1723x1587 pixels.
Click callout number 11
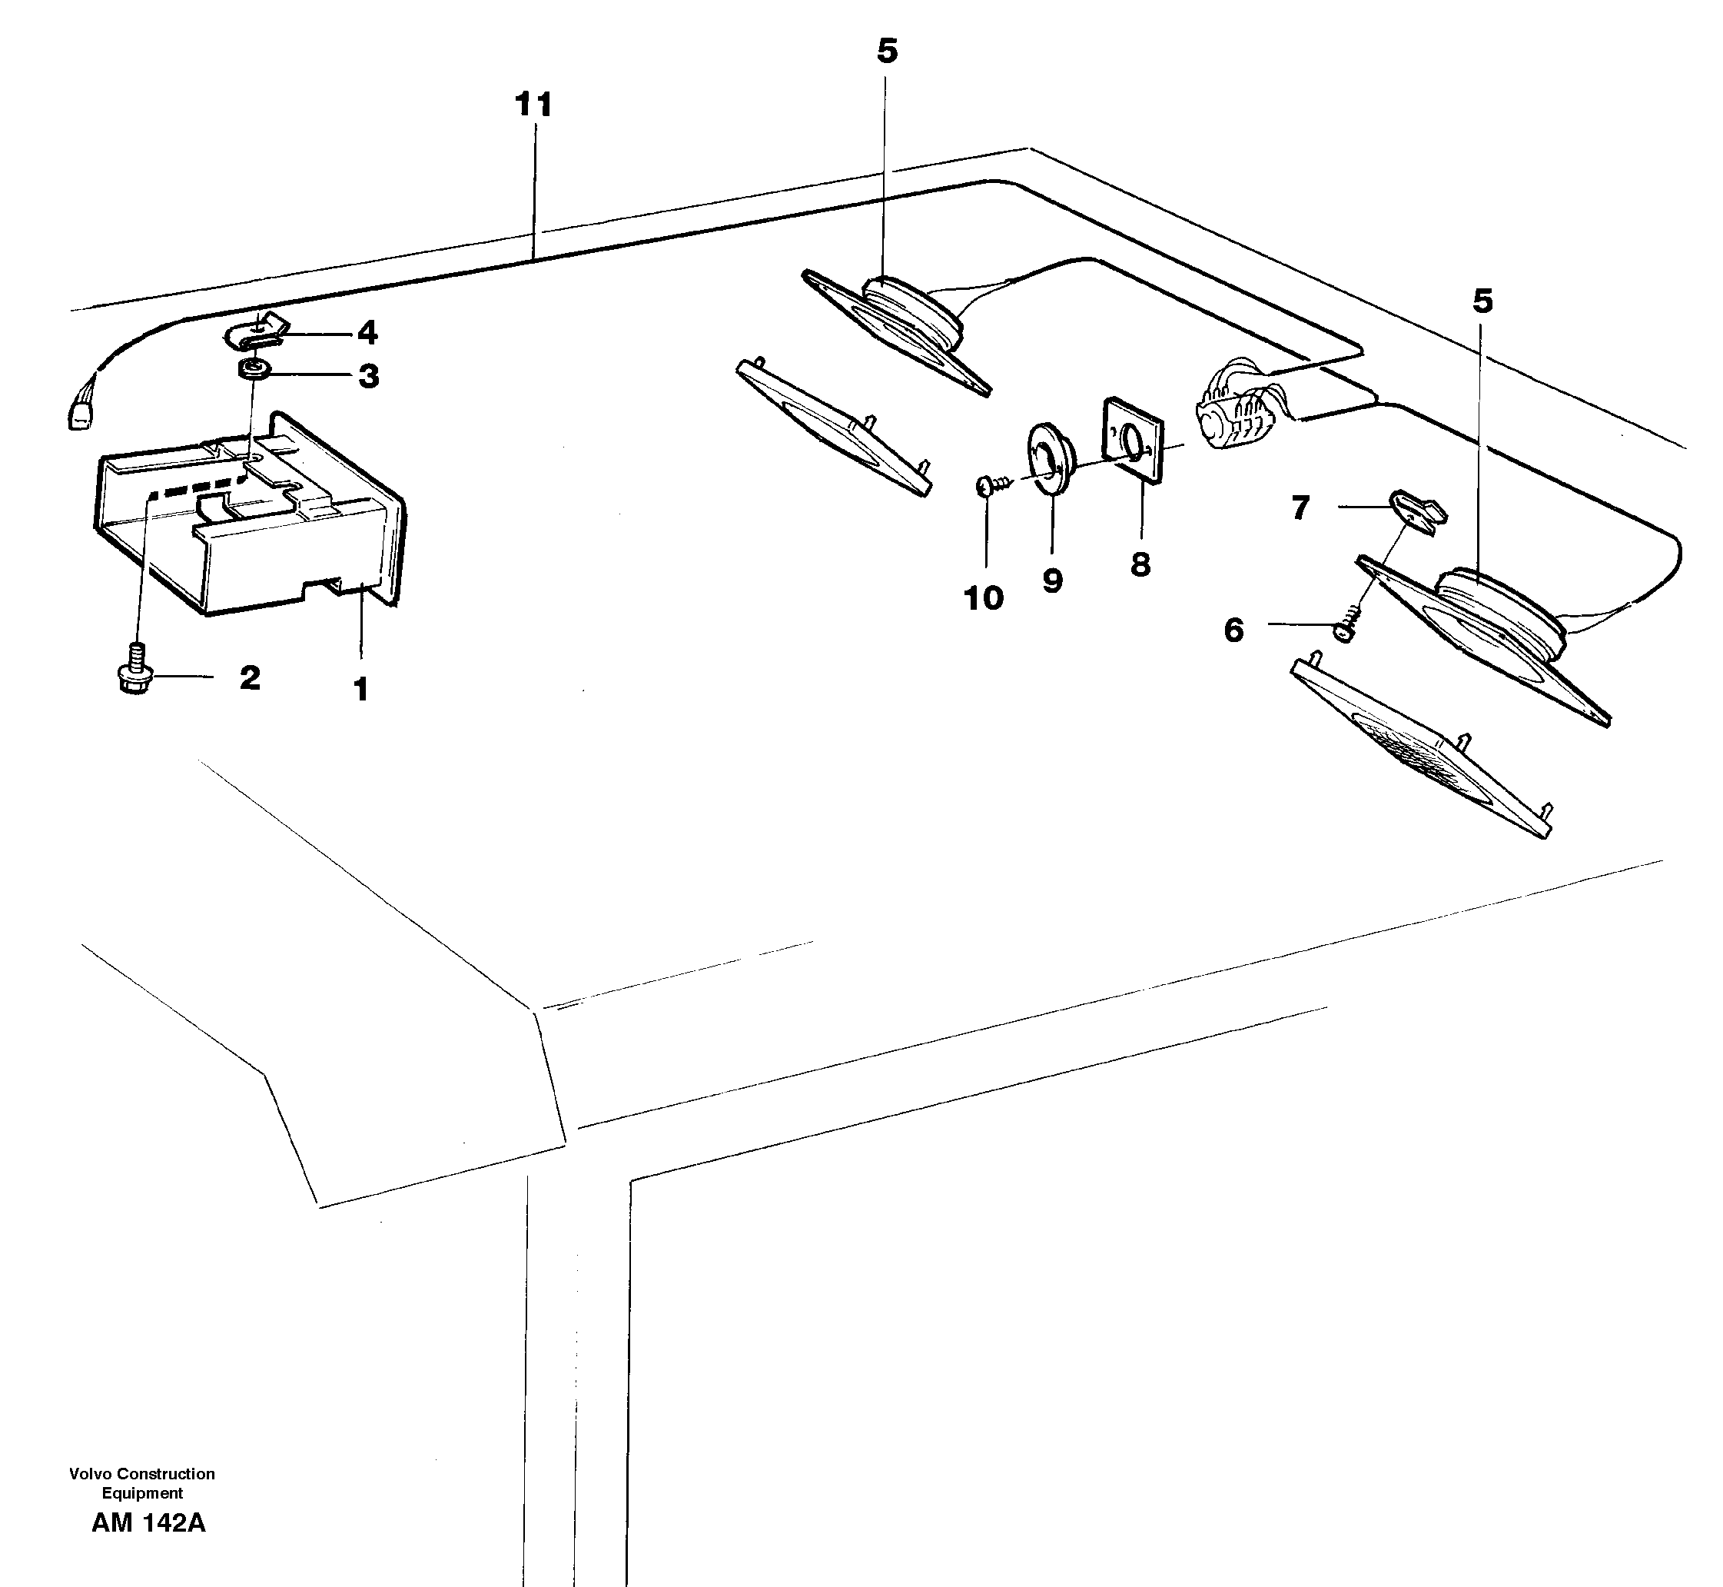[533, 105]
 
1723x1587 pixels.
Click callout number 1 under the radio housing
[361, 689]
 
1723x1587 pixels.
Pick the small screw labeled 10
[987, 487]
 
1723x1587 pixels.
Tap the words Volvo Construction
[141, 1474]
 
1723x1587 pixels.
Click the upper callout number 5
[887, 52]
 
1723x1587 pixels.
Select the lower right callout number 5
[1482, 301]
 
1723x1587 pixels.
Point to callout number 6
[1233, 630]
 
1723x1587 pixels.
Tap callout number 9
[1053, 581]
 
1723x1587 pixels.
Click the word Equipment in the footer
[141, 1493]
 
